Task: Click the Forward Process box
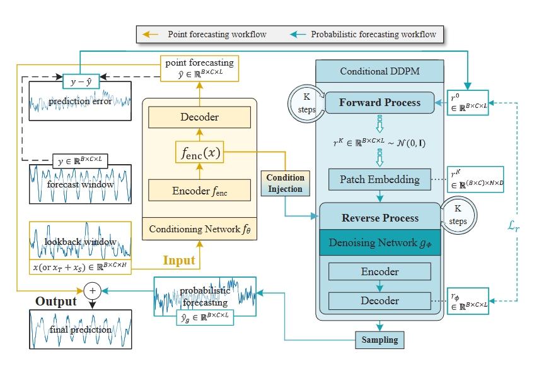coord(380,102)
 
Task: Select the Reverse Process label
coord(380,218)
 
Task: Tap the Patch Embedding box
coord(380,179)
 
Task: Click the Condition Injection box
coord(284,183)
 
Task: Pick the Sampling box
coord(380,340)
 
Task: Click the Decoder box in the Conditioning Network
coord(199,117)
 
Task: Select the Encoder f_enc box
coord(199,191)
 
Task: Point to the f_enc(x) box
coord(199,153)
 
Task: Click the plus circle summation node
coord(93,291)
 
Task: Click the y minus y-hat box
coord(80,81)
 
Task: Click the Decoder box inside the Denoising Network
coord(380,300)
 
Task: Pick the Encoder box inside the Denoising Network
coord(380,271)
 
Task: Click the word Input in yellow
coord(179,260)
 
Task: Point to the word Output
coord(55,301)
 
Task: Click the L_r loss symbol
coord(515,225)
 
